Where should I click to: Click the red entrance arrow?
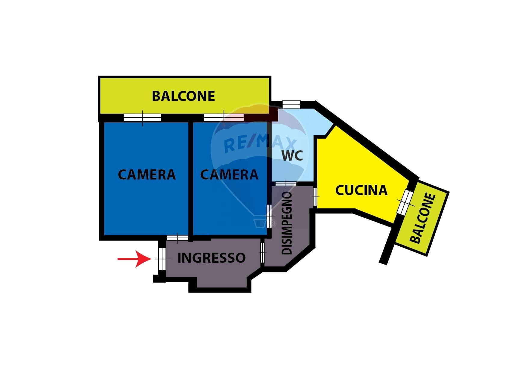134,259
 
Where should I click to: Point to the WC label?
292,155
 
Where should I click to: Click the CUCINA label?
361,190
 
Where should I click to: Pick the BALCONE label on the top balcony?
183,96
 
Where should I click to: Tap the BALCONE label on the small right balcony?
423,218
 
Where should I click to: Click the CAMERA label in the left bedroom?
147,175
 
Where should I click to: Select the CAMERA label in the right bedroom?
229,175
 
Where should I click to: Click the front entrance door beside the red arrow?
162,259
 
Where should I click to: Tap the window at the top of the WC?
291,105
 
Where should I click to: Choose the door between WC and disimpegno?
286,183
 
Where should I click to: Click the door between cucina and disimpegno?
315,197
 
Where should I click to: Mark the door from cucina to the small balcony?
405,202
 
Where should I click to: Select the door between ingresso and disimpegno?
262,253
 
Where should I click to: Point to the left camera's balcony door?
143,117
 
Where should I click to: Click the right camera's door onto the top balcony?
224,117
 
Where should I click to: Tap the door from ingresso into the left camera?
177,238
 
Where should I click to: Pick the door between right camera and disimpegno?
269,216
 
